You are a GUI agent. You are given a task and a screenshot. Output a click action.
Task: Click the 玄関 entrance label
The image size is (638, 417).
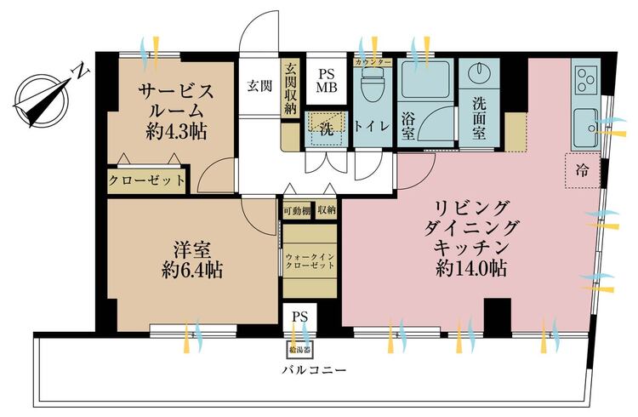[x=259, y=85]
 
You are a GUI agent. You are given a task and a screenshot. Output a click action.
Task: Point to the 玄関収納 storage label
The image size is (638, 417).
[x=290, y=89]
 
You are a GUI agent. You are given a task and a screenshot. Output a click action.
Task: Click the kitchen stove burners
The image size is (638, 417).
[x=585, y=81]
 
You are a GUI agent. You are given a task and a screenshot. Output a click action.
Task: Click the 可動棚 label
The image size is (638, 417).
[x=296, y=209]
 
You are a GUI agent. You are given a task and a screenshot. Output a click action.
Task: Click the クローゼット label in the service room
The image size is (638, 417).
[x=146, y=180]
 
